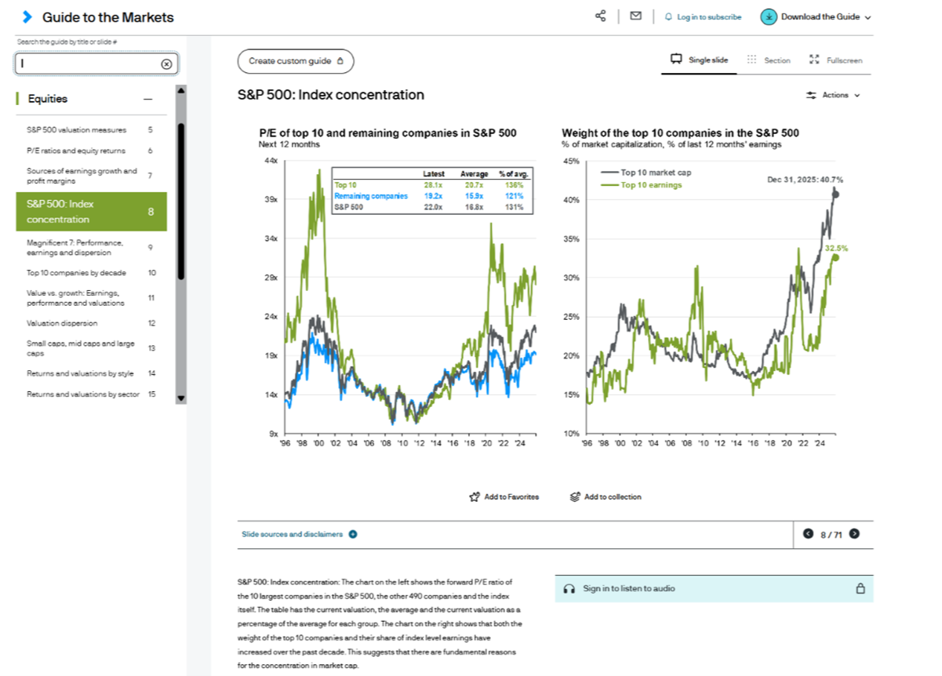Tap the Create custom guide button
pos(295,61)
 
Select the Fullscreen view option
pos(836,60)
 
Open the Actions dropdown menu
pos(834,95)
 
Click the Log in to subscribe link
pos(703,16)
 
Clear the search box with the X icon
pos(166,64)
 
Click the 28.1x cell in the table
pos(434,185)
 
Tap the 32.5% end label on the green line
pos(836,248)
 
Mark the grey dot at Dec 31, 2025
pos(835,194)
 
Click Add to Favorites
pos(504,496)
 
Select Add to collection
pos(606,496)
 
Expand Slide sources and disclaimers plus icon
pos(353,534)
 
